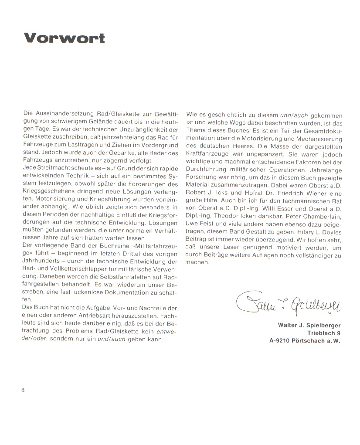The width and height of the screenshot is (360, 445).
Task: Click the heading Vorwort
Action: coord(64,38)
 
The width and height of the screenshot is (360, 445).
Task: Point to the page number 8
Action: coord(23,390)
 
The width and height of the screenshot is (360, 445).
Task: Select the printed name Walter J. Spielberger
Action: coord(309,325)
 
